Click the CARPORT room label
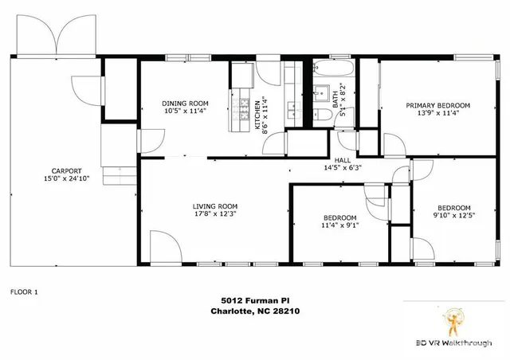click(67, 171)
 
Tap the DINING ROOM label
click(186, 104)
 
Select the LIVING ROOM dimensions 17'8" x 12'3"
click(215, 213)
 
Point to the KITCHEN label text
click(257, 115)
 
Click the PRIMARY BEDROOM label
click(437, 105)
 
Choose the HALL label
click(343, 160)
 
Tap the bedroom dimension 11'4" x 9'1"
click(340, 225)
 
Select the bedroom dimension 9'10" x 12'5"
click(454, 215)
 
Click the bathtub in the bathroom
click(334, 68)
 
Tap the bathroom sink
click(321, 94)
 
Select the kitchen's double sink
click(295, 110)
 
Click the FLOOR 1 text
click(24, 292)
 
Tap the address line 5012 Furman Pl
click(255, 300)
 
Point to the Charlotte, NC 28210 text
click(255, 311)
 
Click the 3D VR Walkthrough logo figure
click(453, 321)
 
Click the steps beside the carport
click(120, 175)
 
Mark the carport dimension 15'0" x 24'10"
click(67, 178)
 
